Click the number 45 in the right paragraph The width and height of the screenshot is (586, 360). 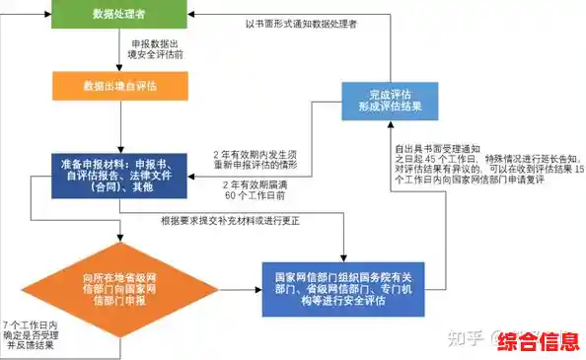pos(427,158)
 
